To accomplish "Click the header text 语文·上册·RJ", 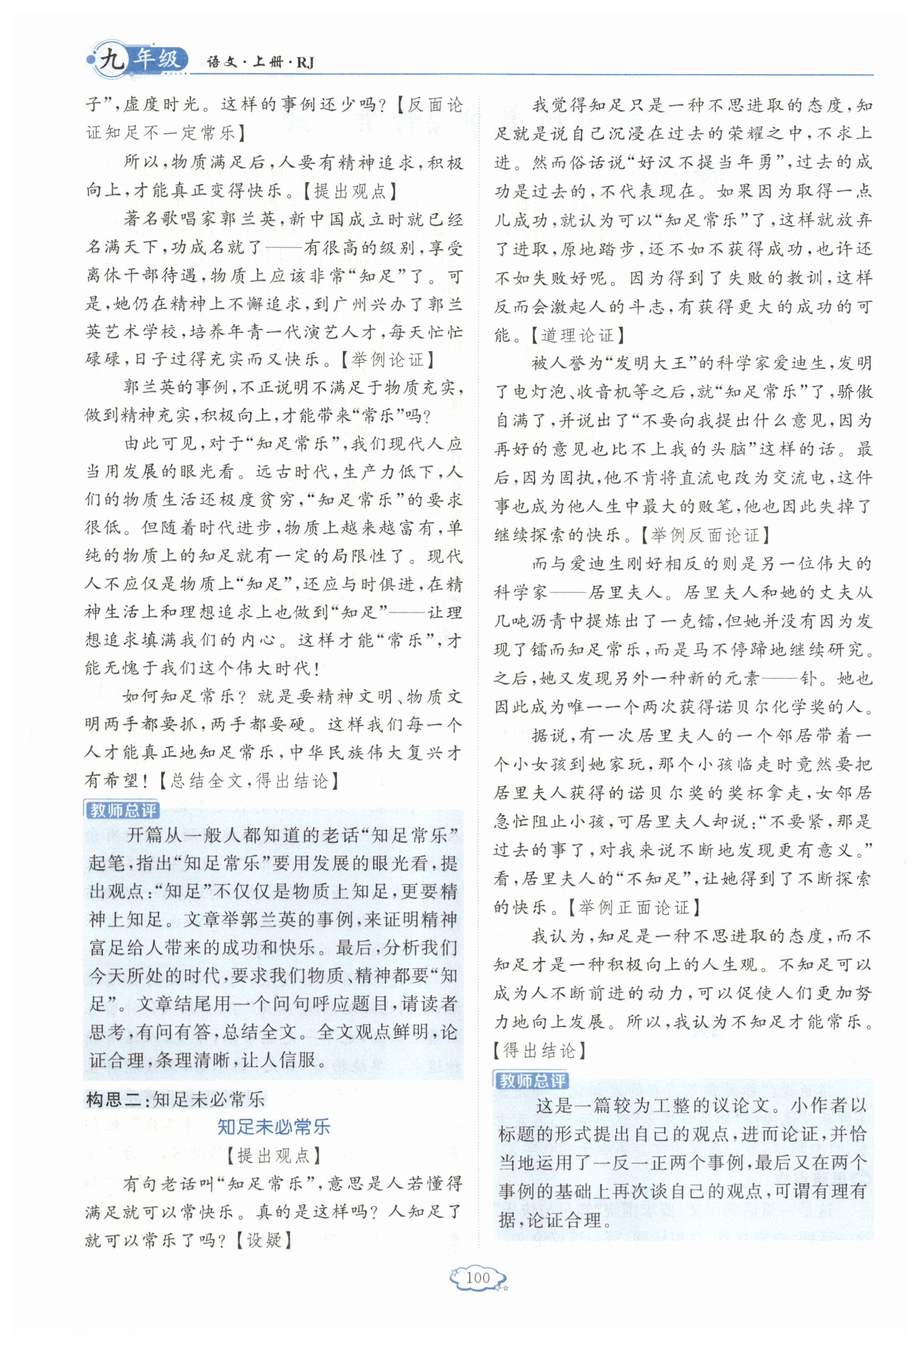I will click(x=260, y=63).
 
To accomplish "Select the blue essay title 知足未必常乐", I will click(x=273, y=1127).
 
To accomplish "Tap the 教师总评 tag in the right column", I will click(x=532, y=1080).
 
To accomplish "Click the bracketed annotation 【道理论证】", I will click(x=577, y=335).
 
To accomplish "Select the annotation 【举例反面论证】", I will click(x=705, y=535).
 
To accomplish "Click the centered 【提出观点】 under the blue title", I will click(x=273, y=1156).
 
